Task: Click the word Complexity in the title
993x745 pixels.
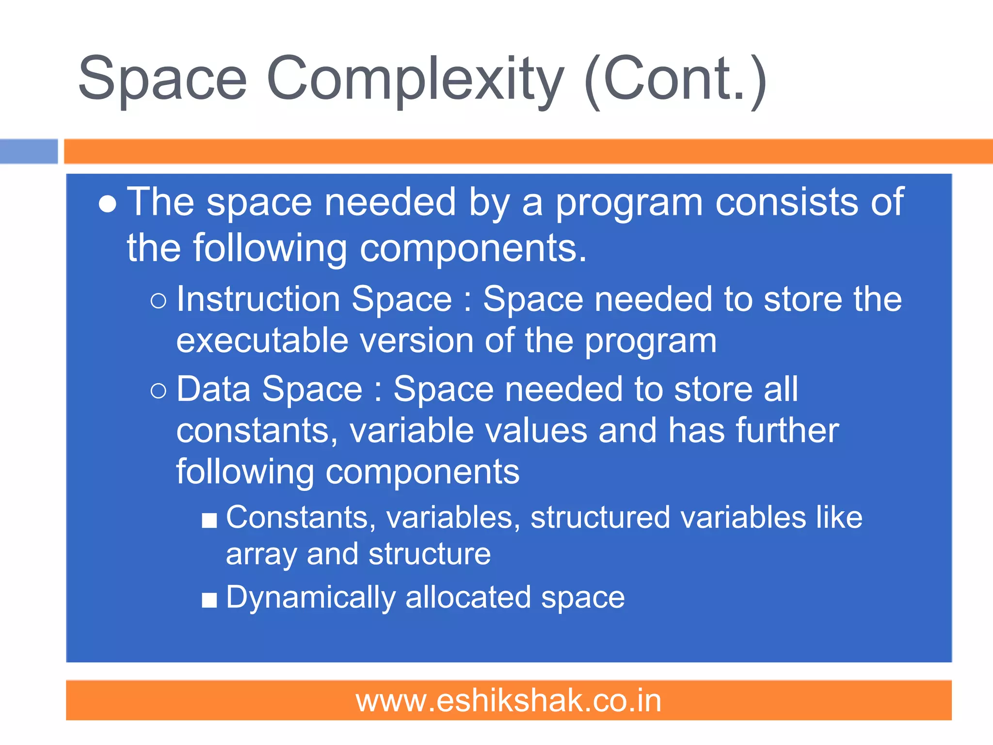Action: (415, 80)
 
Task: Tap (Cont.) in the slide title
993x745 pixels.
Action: (675, 80)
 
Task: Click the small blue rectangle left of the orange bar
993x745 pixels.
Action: (29, 151)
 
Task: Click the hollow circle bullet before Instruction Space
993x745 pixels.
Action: (159, 301)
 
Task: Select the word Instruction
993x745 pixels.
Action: (258, 299)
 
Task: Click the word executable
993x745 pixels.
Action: (262, 341)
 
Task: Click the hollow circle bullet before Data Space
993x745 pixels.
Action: (159, 390)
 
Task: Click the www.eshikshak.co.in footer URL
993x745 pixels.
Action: (509, 701)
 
